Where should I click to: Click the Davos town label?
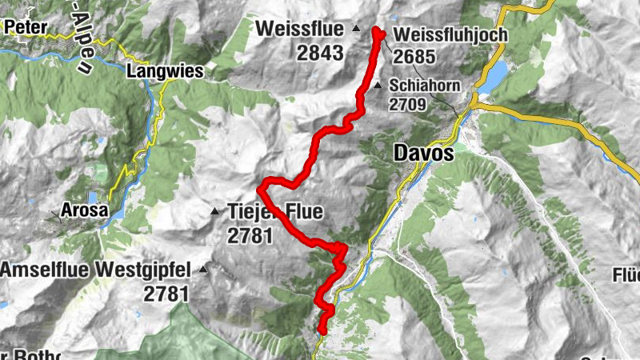point(423,153)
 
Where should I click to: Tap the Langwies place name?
point(166,71)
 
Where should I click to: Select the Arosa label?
point(83,210)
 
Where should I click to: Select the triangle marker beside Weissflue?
point(357,30)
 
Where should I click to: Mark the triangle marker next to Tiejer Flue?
point(214,212)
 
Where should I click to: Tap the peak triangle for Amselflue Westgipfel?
point(203,270)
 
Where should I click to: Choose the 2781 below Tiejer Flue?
point(250,235)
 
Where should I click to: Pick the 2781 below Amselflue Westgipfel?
point(166,294)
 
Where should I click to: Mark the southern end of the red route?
point(322,330)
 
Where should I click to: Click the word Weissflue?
point(301,29)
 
